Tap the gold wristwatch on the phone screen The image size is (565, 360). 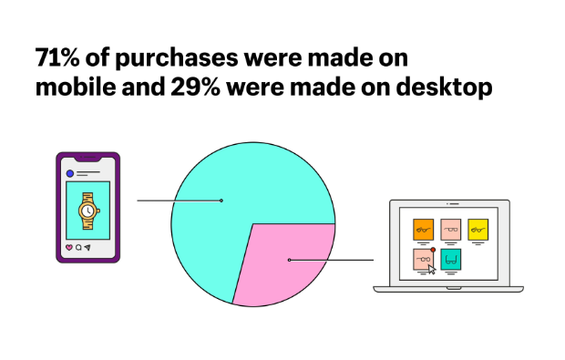coord(87,211)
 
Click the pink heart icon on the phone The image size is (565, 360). coord(68,247)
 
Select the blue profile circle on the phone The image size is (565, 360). coord(69,172)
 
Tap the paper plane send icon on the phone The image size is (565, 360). coord(88,247)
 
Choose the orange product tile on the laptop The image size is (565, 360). coord(423,230)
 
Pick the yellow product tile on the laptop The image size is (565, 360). coord(478,230)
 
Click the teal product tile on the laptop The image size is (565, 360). coord(451,259)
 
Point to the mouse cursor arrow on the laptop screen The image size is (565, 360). coord(432,269)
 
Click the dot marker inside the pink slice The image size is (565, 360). coord(289,260)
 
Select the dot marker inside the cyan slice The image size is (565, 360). coord(221,200)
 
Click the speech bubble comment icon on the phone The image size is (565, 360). coord(78,247)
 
